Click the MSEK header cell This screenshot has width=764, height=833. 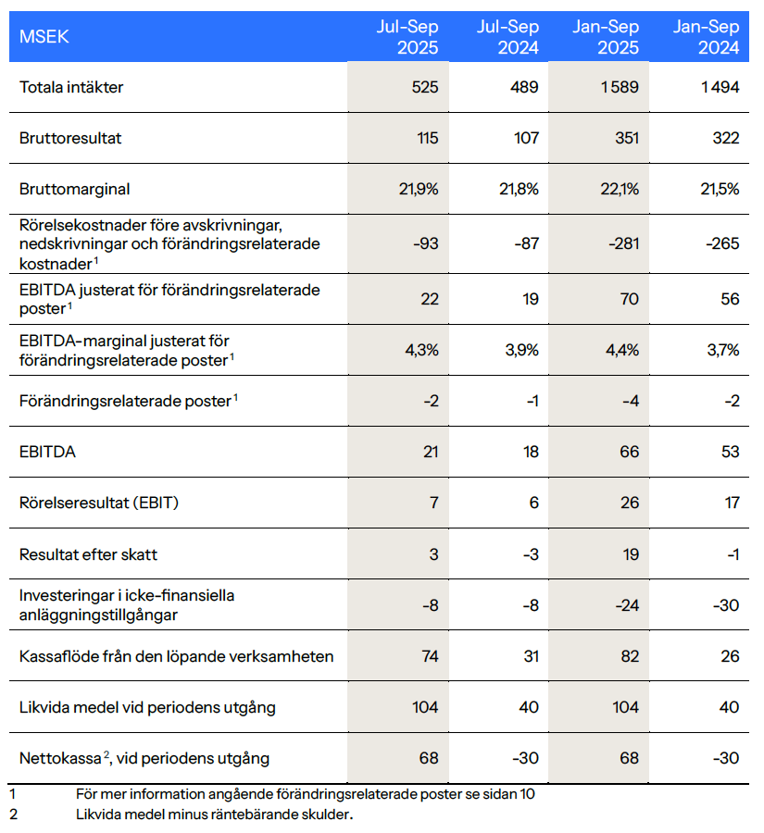[44, 37]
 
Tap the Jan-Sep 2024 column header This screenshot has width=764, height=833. [707, 37]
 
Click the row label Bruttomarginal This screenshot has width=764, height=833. [75, 189]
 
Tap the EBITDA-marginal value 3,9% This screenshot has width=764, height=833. [519, 350]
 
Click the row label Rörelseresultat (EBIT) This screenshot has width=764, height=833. [99, 503]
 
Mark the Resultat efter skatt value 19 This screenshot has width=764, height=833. [630, 554]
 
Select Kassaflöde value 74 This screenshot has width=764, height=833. [427, 656]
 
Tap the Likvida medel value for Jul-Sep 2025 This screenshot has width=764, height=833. [424, 707]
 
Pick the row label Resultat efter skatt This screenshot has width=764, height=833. [89, 554]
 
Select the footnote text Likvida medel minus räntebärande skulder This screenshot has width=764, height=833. [215, 815]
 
